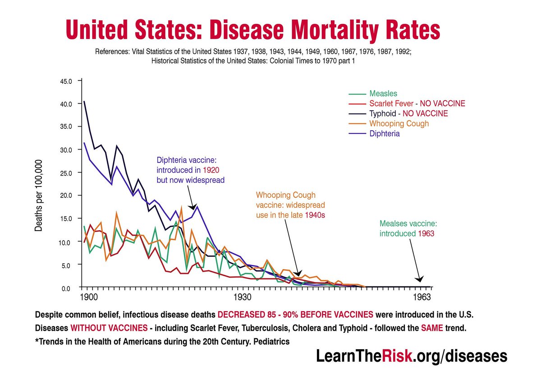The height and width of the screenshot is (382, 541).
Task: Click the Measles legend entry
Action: point(383,94)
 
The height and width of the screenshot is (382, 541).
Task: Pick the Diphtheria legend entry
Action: point(385,134)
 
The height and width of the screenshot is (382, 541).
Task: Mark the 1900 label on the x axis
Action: point(87,298)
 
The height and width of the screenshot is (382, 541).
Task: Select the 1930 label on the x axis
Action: point(242,298)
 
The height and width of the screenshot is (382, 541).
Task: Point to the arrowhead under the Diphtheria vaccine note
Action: point(193,207)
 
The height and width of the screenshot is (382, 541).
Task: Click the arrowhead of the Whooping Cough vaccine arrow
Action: point(297,273)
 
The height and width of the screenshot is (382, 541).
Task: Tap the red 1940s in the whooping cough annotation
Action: point(315,215)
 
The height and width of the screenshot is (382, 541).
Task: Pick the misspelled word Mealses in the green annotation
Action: point(395,223)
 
